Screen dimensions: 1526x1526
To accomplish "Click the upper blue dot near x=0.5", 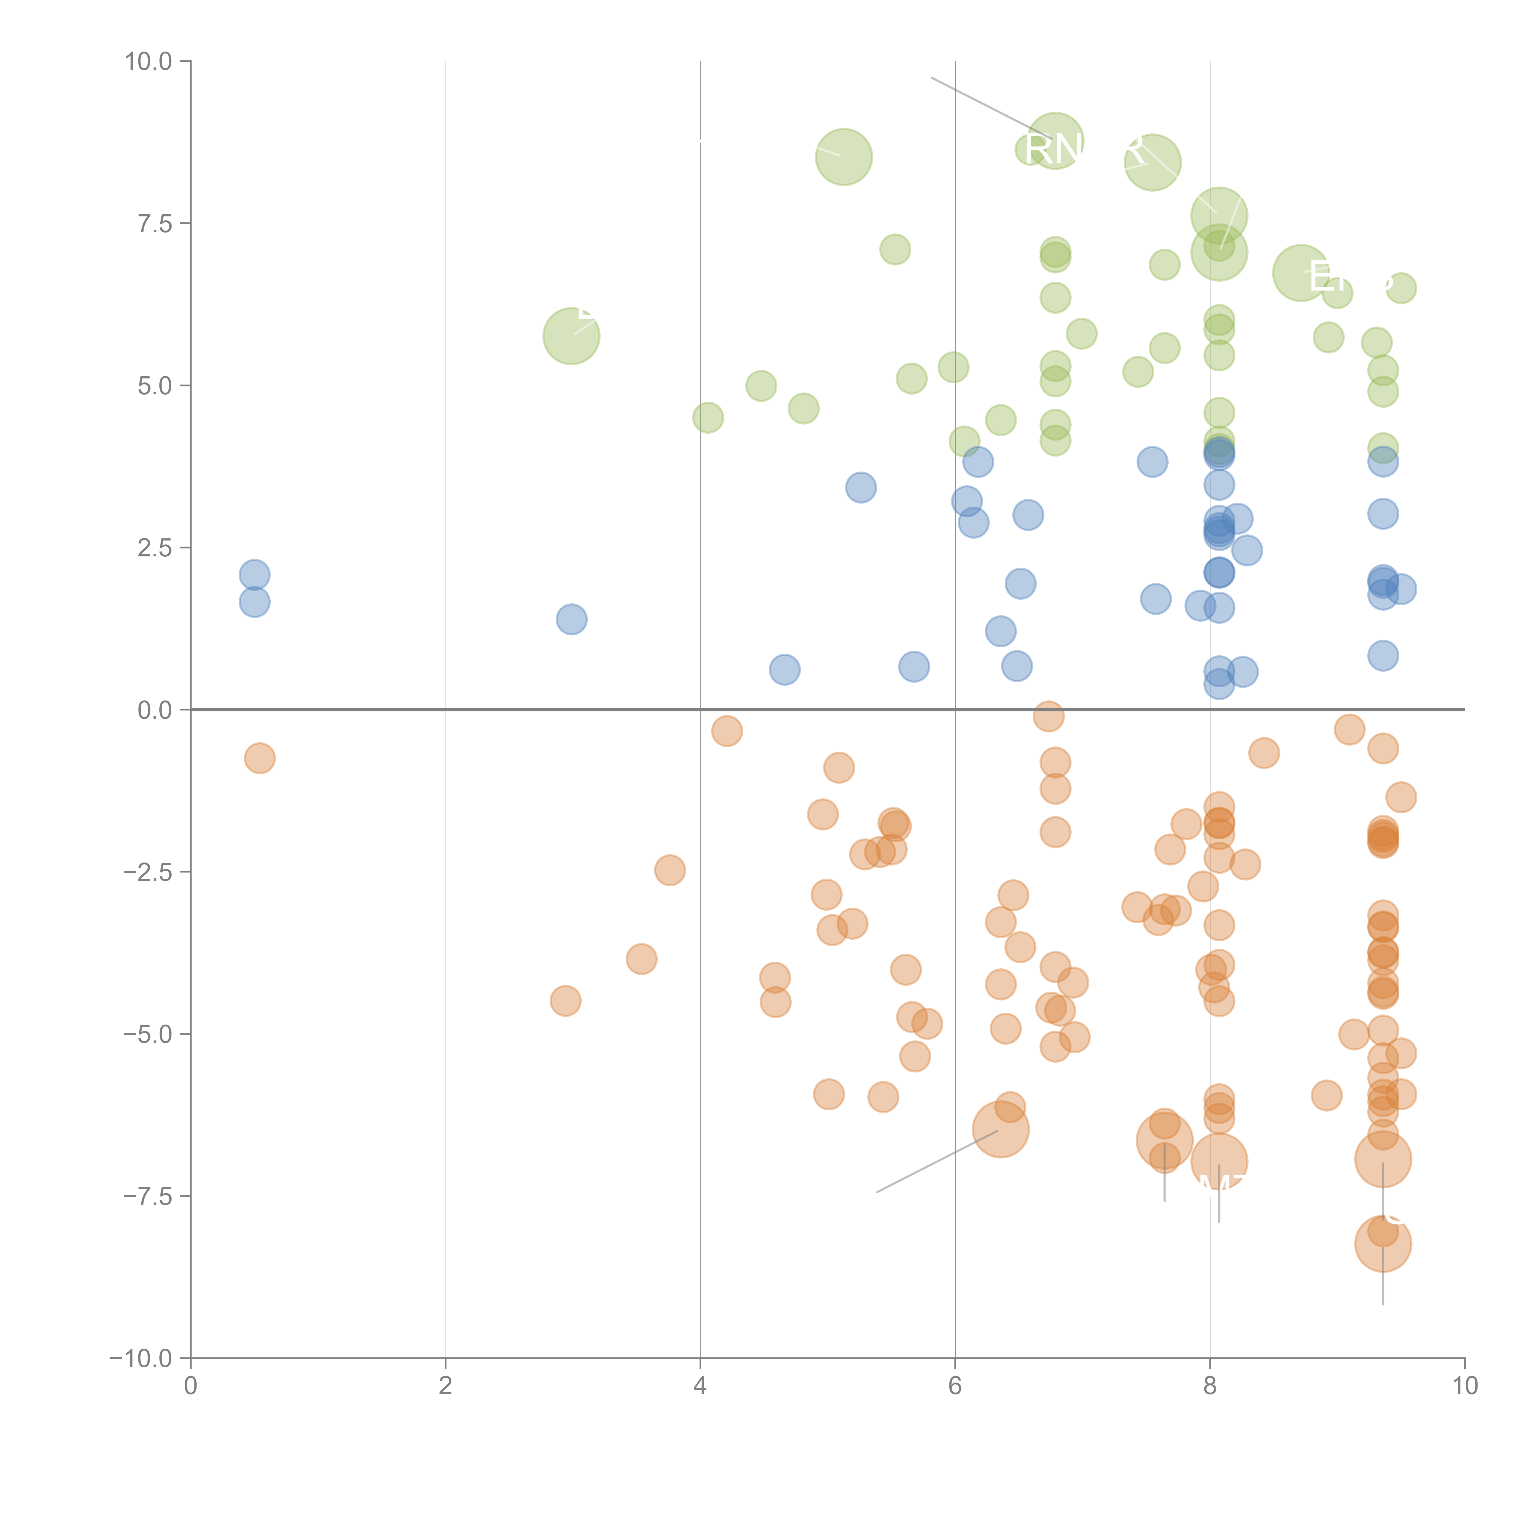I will (x=254, y=575).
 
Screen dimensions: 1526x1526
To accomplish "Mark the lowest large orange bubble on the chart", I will (x=1382, y=1243).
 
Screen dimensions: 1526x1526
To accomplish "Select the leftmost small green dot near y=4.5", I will (x=708, y=418).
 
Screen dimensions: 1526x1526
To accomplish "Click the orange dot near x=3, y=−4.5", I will (x=566, y=1001).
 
